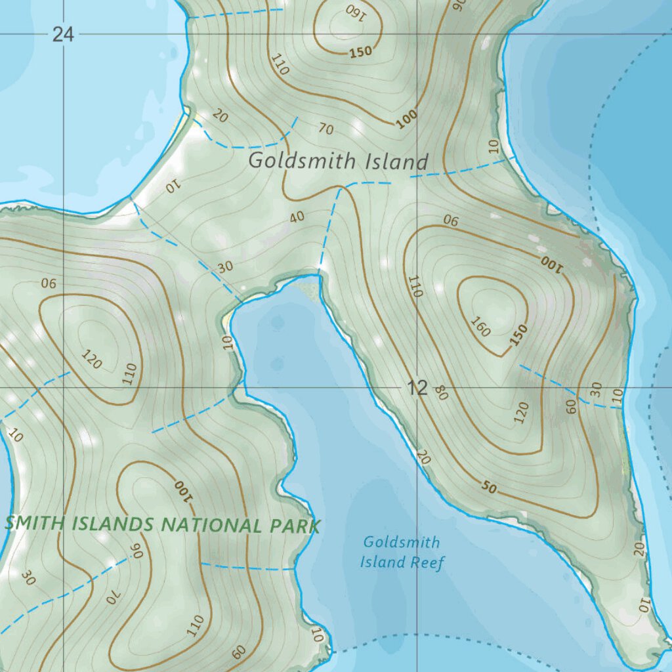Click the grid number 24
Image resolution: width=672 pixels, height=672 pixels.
point(63,34)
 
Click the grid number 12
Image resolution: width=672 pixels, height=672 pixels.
point(417,388)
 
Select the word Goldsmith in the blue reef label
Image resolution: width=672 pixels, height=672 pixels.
point(402,543)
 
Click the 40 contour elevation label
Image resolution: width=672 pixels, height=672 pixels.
point(297,216)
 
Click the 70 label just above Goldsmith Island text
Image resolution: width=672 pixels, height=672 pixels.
point(326,129)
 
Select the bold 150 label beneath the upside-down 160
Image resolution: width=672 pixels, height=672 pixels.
point(360,52)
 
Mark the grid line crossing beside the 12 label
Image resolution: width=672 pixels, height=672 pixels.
point(417,388)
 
